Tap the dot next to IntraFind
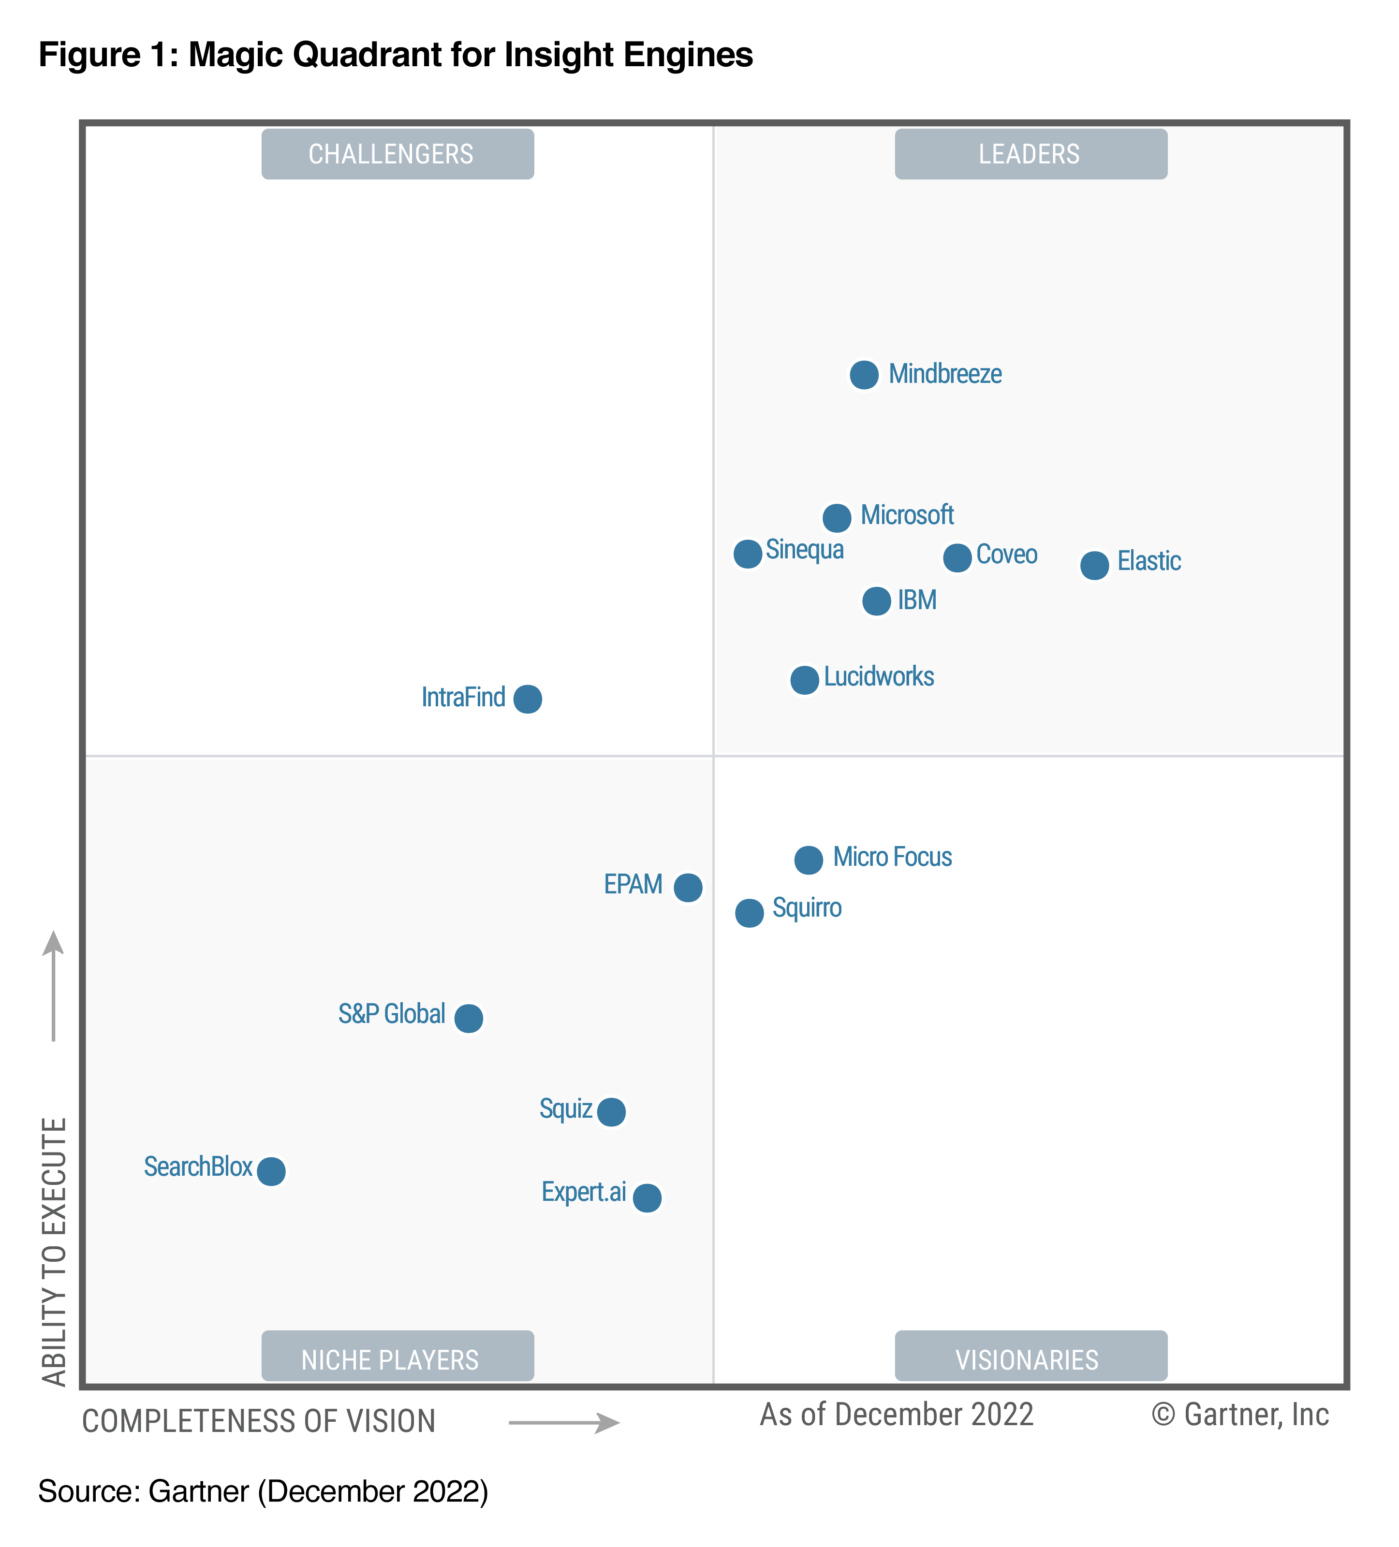(x=527, y=698)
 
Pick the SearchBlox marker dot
(x=271, y=1171)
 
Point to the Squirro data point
(x=749, y=912)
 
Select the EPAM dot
(x=688, y=887)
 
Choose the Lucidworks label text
(x=879, y=677)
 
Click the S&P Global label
(x=391, y=1014)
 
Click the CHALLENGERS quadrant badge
(x=398, y=154)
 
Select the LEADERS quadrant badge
(x=1030, y=154)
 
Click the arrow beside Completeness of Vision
(x=564, y=1423)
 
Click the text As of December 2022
(x=897, y=1414)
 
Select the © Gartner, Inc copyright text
(x=1239, y=1414)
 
